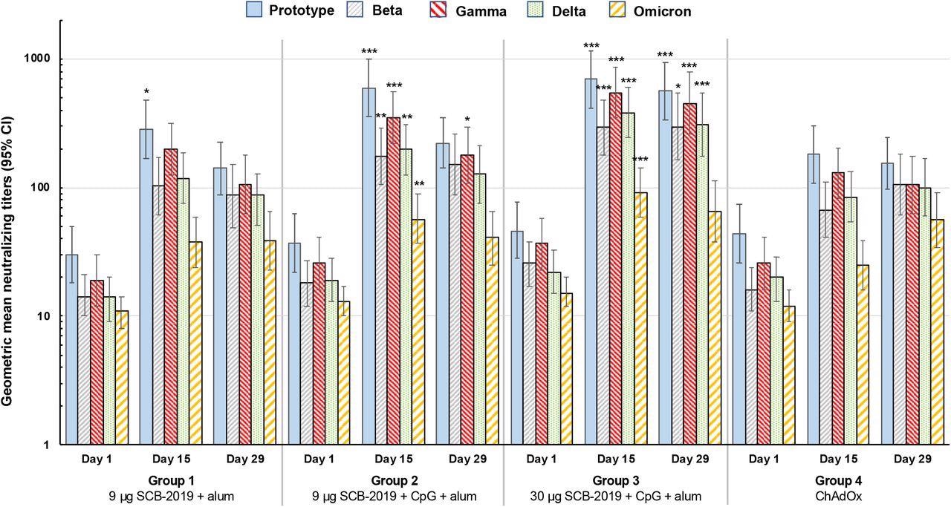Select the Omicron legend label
[661, 11]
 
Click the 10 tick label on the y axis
[48, 316]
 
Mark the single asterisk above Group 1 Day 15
[146, 93]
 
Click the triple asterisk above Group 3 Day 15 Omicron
[640, 160]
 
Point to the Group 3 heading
[615, 480]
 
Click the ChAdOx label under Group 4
[837, 495]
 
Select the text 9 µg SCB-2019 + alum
[171, 495]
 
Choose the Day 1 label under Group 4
[764, 459]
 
